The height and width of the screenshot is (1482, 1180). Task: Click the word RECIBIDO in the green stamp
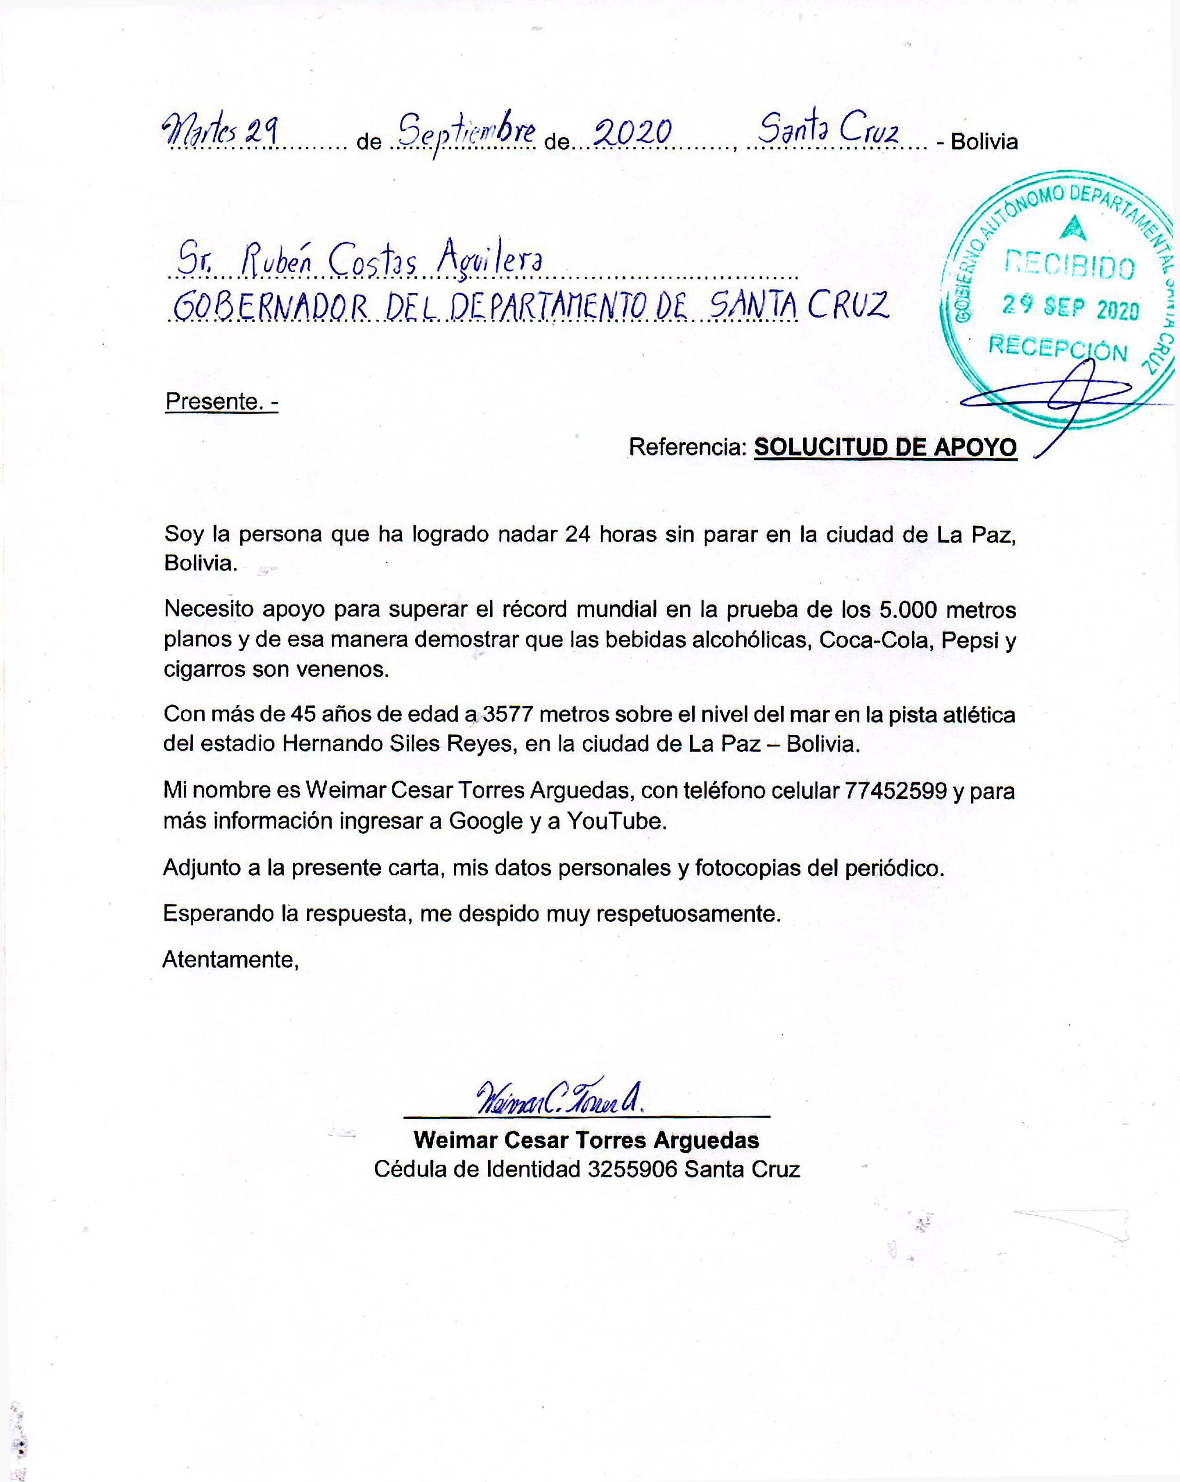(1069, 265)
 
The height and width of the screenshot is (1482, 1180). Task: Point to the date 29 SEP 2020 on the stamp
(1070, 306)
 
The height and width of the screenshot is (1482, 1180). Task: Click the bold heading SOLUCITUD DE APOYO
(885, 448)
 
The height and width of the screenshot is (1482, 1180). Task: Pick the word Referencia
(687, 448)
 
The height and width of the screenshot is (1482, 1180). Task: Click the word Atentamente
(230, 959)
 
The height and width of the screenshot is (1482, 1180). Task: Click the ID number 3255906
(632, 1169)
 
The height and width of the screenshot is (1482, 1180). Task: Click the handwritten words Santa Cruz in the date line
(828, 129)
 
